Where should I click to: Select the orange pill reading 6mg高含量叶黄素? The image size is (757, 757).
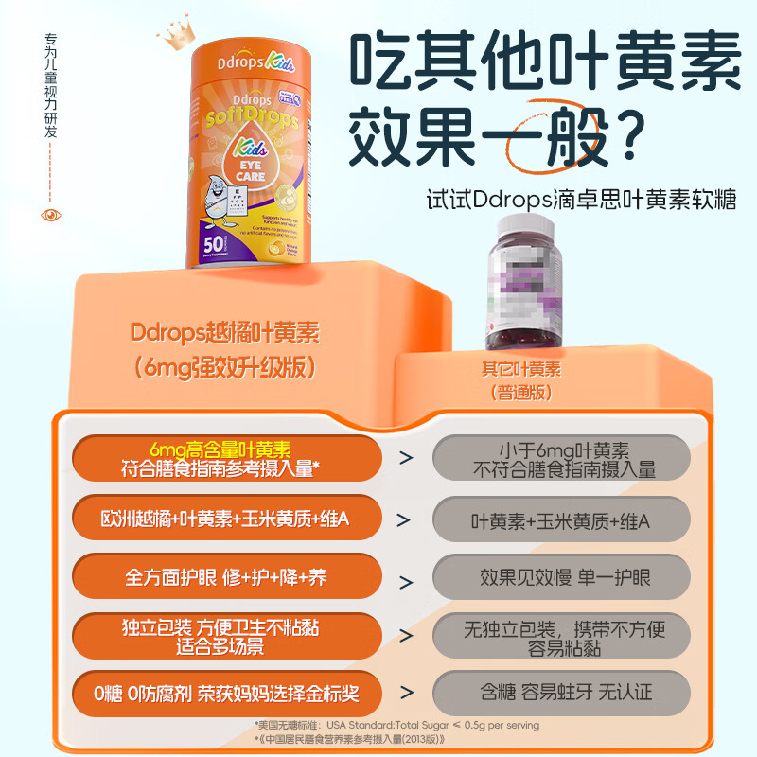(226, 458)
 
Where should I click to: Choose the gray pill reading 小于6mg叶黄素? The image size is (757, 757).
(561, 458)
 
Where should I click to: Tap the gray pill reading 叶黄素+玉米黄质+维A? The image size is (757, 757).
(561, 520)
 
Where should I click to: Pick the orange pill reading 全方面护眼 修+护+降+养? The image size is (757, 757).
(226, 576)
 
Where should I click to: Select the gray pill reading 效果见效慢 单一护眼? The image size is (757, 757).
(561, 577)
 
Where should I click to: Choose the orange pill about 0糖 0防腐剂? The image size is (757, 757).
(226, 694)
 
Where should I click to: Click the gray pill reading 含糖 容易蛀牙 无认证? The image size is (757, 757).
(561, 694)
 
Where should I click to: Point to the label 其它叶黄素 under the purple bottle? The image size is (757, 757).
(520, 369)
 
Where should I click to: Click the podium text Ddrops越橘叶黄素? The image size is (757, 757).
(225, 334)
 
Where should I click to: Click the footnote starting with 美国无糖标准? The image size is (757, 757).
(397, 725)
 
